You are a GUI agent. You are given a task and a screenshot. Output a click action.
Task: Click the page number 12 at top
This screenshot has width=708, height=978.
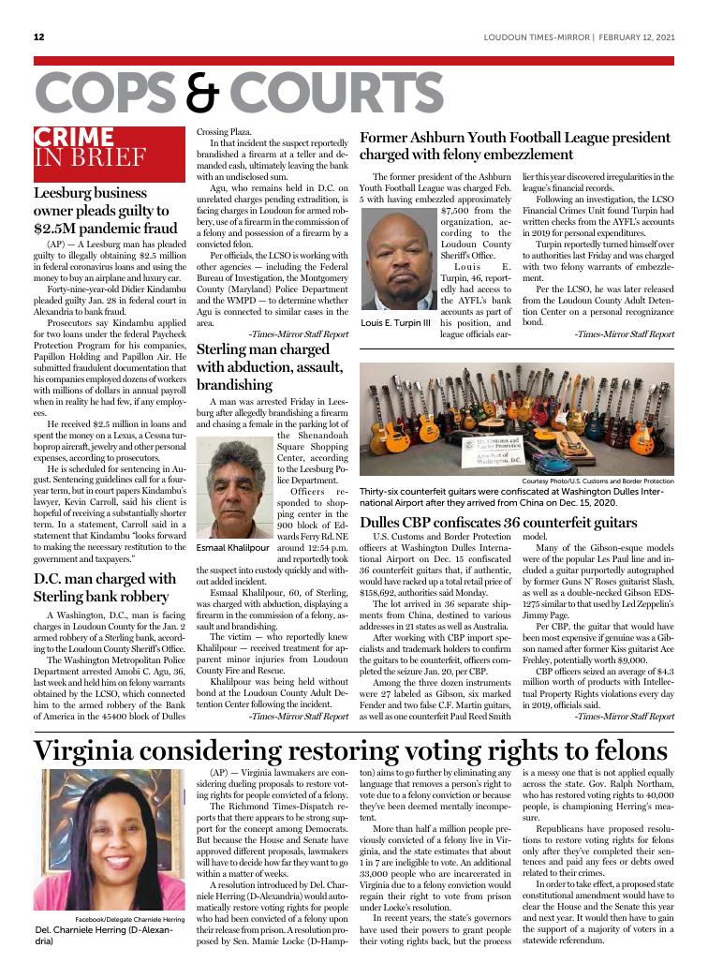[38, 37]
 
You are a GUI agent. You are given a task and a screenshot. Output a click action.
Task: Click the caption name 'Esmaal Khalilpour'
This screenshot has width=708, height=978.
[230, 546]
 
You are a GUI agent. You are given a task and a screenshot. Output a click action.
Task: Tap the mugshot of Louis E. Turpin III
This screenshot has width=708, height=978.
[396, 260]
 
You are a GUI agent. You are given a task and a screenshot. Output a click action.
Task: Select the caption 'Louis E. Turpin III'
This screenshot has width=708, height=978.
[396, 323]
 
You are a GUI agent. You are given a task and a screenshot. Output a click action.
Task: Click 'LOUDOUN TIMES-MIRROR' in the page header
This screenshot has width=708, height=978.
[537, 37]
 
